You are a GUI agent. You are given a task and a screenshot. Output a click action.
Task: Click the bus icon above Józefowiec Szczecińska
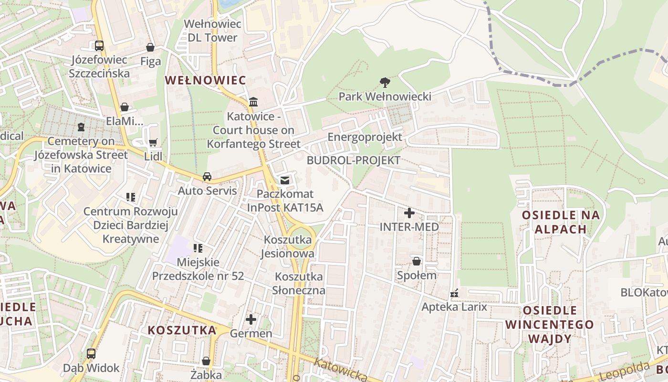click(x=99, y=46)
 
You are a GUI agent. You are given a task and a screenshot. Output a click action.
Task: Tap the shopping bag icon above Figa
click(x=150, y=47)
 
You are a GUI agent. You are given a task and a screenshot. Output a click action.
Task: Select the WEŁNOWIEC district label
click(x=206, y=80)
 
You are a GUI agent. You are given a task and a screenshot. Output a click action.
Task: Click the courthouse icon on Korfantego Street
click(x=253, y=102)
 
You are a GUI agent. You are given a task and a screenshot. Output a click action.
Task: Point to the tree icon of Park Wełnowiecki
click(x=384, y=83)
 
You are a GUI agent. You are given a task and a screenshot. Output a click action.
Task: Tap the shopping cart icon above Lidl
click(x=153, y=142)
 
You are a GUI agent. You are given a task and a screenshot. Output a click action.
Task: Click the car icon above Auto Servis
click(x=207, y=177)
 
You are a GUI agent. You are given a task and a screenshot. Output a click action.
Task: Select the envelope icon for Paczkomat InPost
click(x=285, y=180)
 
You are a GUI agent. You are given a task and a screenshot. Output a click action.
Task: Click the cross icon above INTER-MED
click(x=409, y=213)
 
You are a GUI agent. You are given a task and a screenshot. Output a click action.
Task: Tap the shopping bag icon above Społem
click(x=417, y=261)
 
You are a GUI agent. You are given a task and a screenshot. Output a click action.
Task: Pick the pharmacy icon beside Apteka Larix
click(x=454, y=293)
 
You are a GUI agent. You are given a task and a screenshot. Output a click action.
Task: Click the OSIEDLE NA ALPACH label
click(x=561, y=222)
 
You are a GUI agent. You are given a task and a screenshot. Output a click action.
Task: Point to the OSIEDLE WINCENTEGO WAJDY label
click(x=549, y=325)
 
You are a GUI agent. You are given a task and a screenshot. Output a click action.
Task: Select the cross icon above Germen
click(x=251, y=319)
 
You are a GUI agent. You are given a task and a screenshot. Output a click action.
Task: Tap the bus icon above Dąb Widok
click(x=91, y=354)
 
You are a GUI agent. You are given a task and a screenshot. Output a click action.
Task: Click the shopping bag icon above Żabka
click(x=206, y=361)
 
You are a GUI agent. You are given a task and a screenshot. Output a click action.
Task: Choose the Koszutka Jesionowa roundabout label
click(x=287, y=246)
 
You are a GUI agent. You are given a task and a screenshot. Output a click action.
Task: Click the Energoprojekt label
click(x=365, y=138)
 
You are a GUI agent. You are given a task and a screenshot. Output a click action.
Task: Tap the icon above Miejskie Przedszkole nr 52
click(x=198, y=248)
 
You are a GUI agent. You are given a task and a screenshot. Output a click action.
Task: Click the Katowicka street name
click(x=341, y=371)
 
